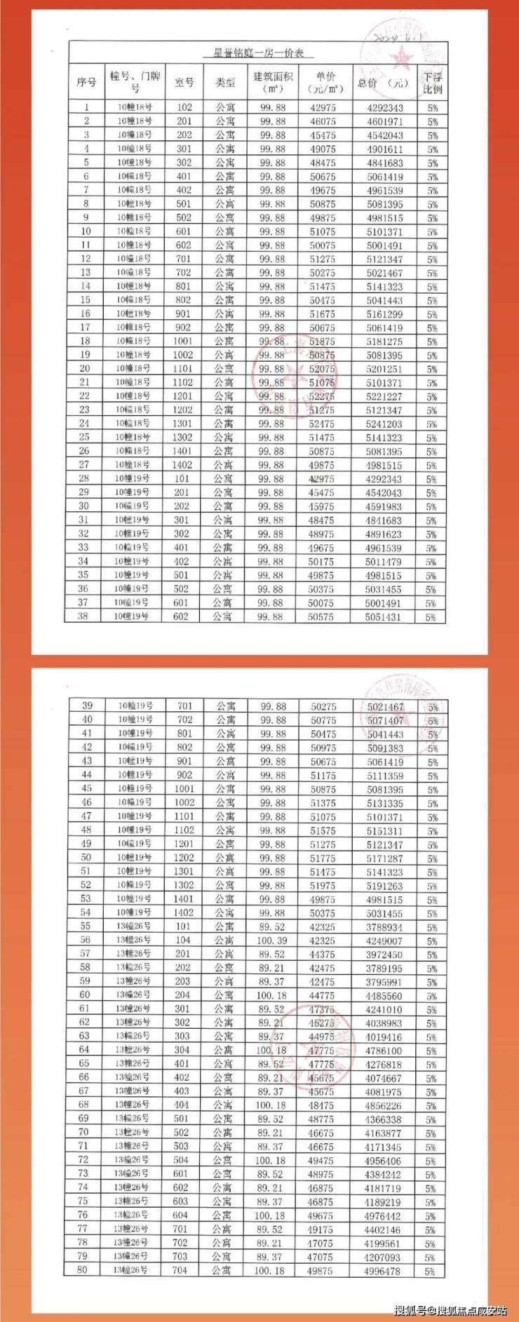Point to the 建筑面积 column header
(x=272, y=82)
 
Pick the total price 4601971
(x=384, y=122)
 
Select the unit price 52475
(x=322, y=424)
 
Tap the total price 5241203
(x=384, y=424)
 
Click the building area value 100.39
(x=272, y=940)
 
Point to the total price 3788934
(x=384, y=927)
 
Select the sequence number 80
(x=83, y=1270)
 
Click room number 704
(x=180, y=1270)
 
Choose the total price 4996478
(x=383, y=1270)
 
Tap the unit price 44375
(x=322, y=955)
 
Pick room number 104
(x=183, y=940)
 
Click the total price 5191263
(x=384, y=886)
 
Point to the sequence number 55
(x=86, y=927)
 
